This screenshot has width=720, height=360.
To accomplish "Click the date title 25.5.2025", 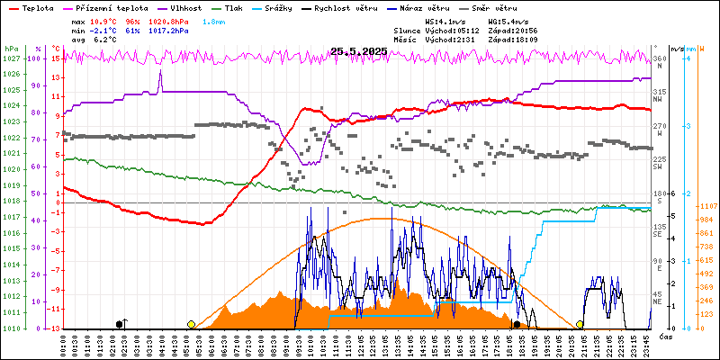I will [x=358, y=51].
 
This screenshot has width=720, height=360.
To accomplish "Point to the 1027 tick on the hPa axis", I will [x=11, y=58].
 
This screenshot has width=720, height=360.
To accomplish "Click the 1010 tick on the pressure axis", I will [x=11, y=328].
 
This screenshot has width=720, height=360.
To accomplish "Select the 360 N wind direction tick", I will [x=660, y=59].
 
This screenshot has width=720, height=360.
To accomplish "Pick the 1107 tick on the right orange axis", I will [x=706, y=205].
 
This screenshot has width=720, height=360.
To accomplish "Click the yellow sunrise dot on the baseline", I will [x=191, y=324].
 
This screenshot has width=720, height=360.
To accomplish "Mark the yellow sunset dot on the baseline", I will [x=580, y=324].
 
